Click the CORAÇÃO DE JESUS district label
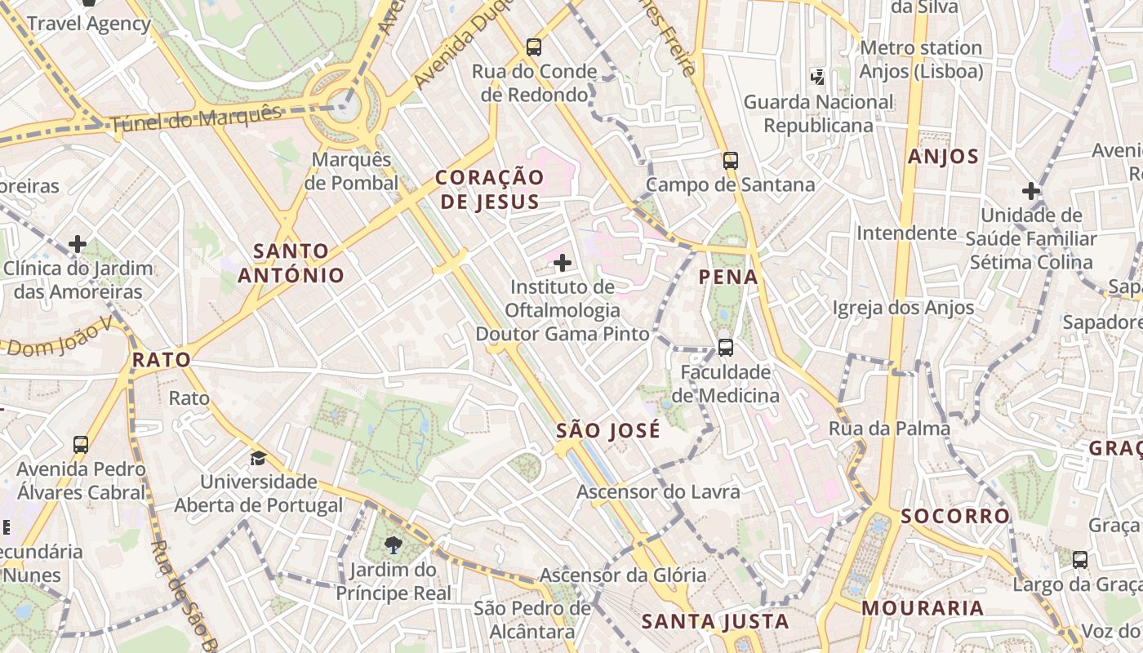(488, 189)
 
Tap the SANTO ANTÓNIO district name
(291, 263)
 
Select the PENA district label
(728, 278)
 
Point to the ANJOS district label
(943, 157)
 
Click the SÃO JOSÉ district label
(607, 431)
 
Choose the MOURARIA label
(923, 608)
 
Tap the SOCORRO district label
(955, 516)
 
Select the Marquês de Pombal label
(352, 171)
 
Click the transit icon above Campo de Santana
(730, 161)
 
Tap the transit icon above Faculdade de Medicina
(725, 348)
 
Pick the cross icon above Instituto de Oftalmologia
(562, 263)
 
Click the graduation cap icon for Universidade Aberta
(259, 458)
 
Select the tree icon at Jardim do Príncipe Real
(393, 544)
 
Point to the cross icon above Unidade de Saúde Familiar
(1031, 192)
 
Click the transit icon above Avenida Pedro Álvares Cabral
(80, 445)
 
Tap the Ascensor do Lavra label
(658, 491)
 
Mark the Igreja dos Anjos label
(903, 308)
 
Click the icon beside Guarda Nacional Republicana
(817, 78)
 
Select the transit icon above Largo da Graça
(1080, 560)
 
